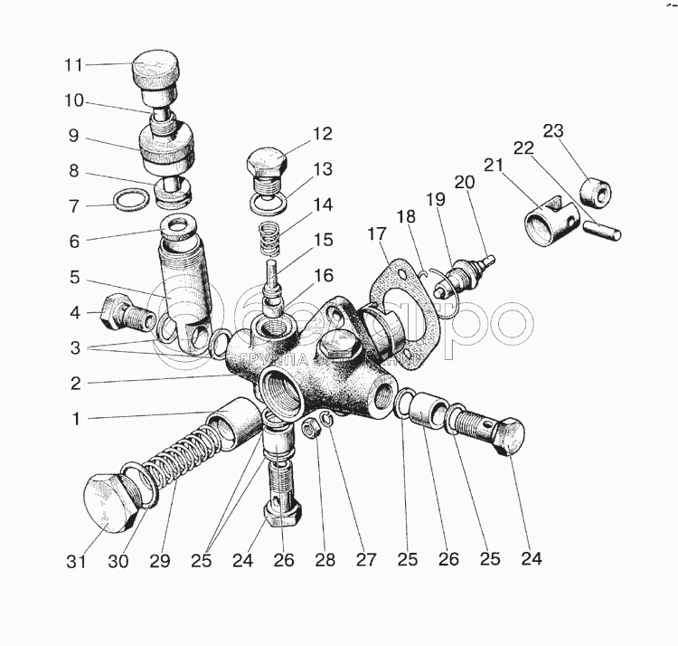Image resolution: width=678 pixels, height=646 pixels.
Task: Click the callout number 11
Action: pyautogui.click(x=73, y=65)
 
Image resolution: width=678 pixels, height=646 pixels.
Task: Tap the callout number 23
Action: pyautogui.click(x=552, y=130)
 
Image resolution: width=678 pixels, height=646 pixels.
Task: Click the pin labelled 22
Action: pyautogui.click(x=600, y=231)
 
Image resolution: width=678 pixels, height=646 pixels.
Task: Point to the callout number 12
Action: pyautogui.click(x=323, y=135)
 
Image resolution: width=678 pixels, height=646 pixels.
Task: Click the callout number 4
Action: pyautogui.click(x=73, y=314)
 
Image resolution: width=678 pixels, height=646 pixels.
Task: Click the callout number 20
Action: pyautogui.click(x=464, y=183)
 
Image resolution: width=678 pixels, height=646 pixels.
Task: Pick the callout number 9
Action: pyautogui.click(x=73, y=138)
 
